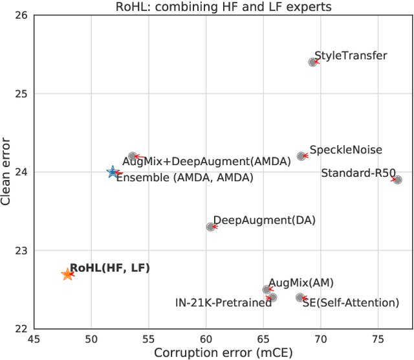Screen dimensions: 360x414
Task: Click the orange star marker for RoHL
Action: [67, 275]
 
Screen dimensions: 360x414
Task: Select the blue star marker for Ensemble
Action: [113, 172]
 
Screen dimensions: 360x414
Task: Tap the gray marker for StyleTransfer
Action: [313, 62]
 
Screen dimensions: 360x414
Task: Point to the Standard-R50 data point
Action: [397, 180]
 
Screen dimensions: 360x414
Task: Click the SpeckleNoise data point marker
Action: [301, 156]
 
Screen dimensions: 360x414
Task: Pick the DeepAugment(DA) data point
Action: [210, 227]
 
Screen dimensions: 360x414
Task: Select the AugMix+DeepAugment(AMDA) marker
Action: [133, 156]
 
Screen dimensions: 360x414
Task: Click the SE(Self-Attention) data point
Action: [300, 297]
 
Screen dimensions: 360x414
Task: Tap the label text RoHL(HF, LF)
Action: [109, 267]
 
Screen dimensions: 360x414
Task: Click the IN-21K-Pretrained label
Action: [223, 302]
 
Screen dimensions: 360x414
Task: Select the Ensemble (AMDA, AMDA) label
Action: [184, 177]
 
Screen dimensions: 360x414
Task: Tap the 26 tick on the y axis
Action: [20, 16]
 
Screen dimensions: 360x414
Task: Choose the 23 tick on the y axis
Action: [20, 251]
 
